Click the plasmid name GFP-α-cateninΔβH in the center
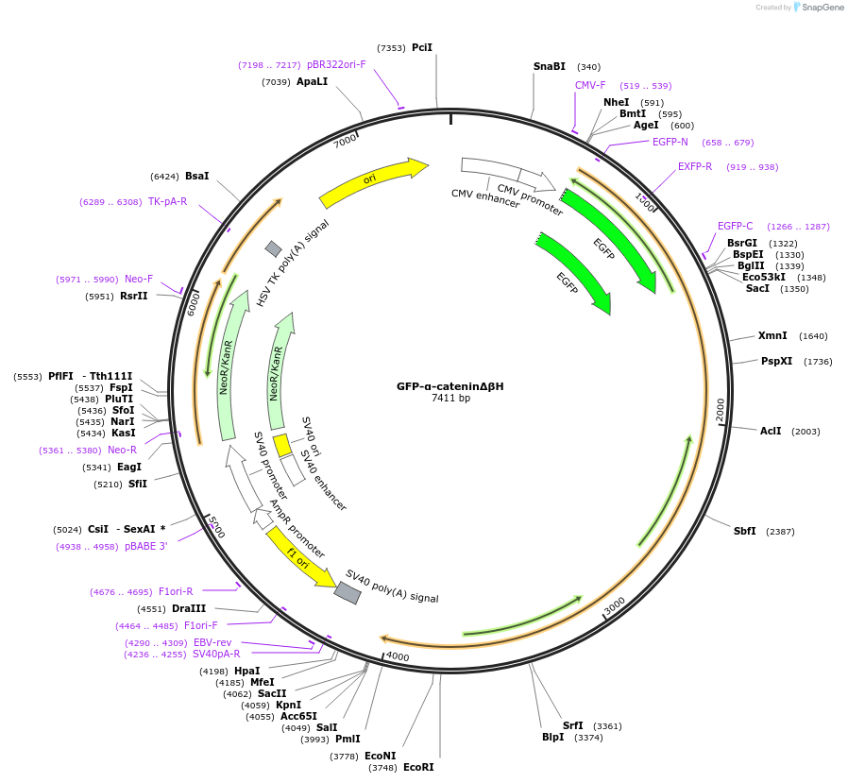(x=449, y=386)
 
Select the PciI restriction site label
(x=421, y=47)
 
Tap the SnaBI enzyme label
(x=549, y=66)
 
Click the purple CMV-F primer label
(x=590, y=85)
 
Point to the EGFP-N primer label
(x=670, y=142)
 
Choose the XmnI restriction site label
(x=772, y=335)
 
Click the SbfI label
(x=745, y=531)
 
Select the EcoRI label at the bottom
(x=418, y=767)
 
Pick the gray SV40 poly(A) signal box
(x=348, y=592)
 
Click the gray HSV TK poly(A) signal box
(x=273, y=248)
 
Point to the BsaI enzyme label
(x=197, y=176)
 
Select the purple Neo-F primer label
(x=139, y=279)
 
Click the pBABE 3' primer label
(x=145, y=546)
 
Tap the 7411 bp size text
(x=449, y=399)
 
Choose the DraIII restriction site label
(x=190, y=608)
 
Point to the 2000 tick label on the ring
(x=720, y=409)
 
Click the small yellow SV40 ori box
(x=281, y=445)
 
